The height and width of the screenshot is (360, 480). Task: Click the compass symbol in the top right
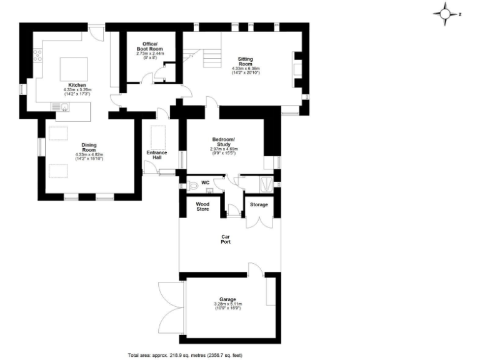446,13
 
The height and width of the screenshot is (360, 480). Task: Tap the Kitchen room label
77,85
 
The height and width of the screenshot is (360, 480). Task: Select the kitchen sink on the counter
63,107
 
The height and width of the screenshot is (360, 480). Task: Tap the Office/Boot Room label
149,46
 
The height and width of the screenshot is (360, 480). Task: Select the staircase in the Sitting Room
211,57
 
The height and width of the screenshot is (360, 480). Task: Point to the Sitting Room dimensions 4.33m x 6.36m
245,71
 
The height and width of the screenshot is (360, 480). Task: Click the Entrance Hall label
157,155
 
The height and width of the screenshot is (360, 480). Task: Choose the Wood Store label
202,206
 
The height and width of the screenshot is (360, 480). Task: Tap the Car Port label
226,239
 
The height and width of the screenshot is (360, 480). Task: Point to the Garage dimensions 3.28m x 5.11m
227,306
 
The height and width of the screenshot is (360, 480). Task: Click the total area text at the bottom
185,354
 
